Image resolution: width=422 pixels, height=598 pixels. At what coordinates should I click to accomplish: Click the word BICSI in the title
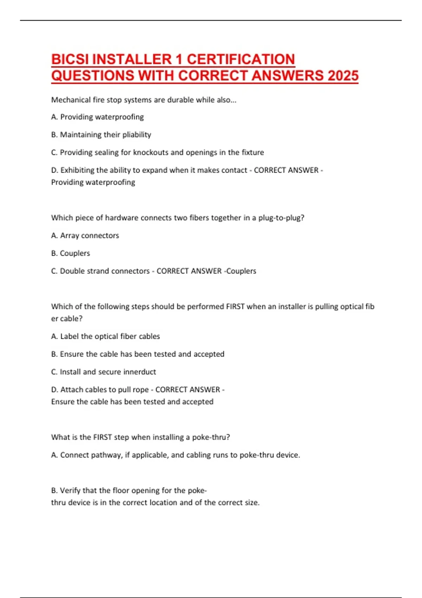click(70, 59)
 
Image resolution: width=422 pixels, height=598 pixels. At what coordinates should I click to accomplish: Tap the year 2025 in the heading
click(343, 76)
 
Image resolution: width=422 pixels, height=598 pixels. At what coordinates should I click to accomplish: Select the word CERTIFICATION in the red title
click(241, 59)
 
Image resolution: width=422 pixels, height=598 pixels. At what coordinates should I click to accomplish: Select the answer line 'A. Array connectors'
click(85, 236)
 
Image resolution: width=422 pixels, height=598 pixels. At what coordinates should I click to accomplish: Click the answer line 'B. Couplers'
click(71, 253)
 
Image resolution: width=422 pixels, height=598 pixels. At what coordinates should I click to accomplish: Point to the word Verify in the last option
click(70, 490)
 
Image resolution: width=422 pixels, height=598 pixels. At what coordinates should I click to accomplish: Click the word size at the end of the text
click(252, 503)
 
